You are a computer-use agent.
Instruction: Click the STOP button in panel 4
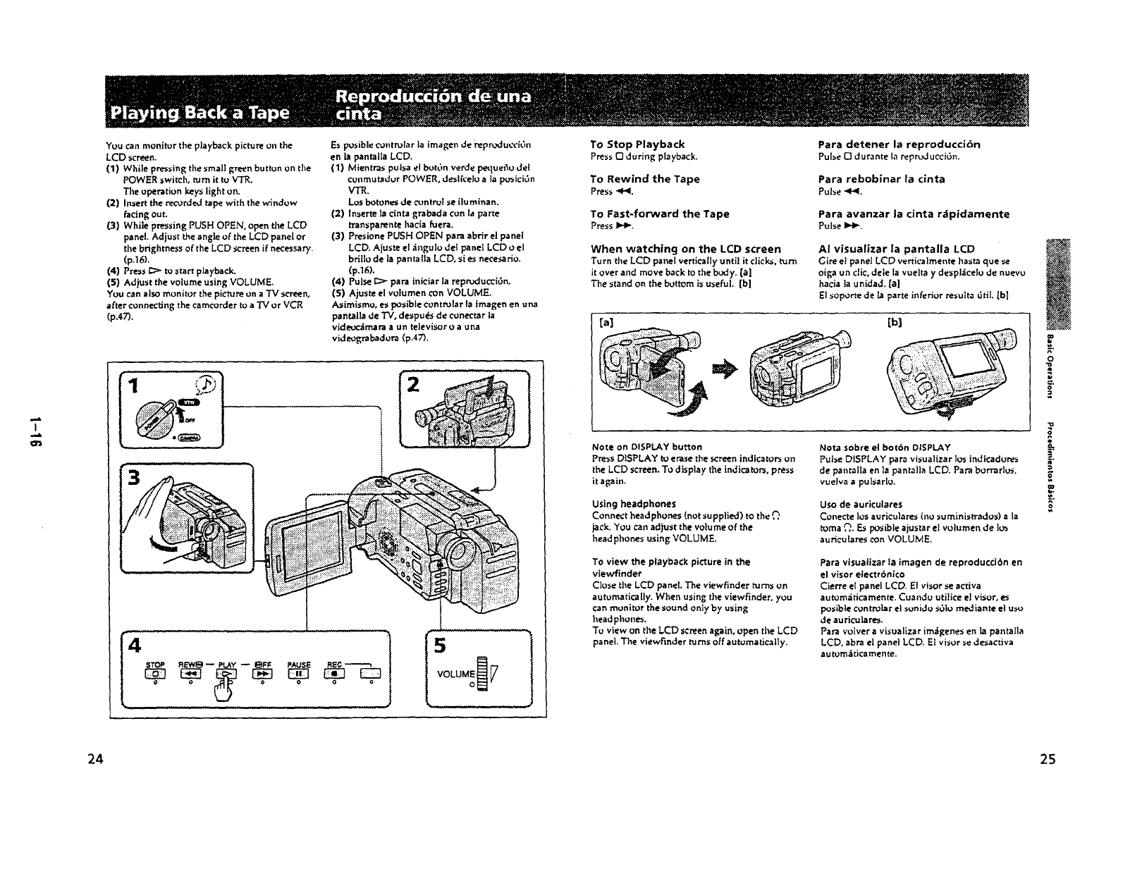tap(155, 674)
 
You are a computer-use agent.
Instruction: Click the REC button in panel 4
tap(334, 674)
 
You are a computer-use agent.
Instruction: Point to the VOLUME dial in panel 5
tap(482, 674)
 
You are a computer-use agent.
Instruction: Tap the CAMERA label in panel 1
tap(190, 437)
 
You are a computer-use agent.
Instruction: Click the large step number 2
tap(414, 385)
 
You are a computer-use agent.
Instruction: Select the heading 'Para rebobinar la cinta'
tap(881, 179)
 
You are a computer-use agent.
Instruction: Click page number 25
tap(1048, 759)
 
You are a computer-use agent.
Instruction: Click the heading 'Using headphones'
tap(634, 504)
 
